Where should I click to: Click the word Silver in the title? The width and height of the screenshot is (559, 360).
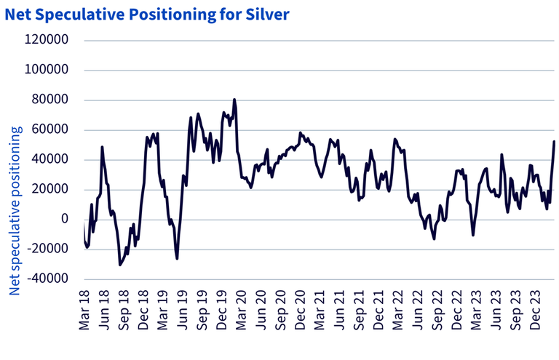(268, 12)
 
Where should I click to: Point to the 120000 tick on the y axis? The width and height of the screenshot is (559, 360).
(47, 41)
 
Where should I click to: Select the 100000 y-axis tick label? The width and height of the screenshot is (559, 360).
(47, 71)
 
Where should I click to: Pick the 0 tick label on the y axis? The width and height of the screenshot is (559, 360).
(64, 219)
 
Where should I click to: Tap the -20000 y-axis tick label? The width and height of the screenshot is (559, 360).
(48, 249)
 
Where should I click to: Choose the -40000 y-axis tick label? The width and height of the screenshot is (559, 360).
(48, 279)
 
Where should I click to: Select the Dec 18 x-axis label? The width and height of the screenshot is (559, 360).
(146, 310)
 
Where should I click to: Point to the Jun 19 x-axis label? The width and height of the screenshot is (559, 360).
(185, 310)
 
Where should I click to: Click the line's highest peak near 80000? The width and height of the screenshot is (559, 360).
(234, 100)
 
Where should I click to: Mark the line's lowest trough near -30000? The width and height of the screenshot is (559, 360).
(120, 265)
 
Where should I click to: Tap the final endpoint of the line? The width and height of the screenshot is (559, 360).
(554, 142)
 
